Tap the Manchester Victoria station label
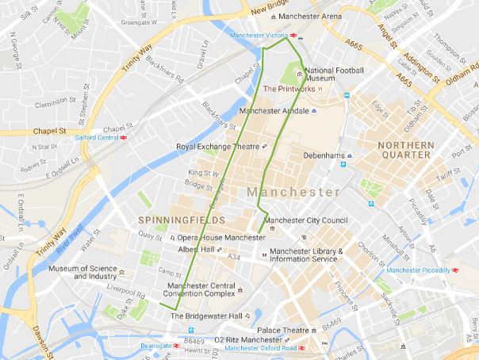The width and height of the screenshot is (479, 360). click(x=259, y=36)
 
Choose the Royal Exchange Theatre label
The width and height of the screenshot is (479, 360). click(x=218, y=146)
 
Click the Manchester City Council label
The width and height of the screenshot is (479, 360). click(x=305, y=220)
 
